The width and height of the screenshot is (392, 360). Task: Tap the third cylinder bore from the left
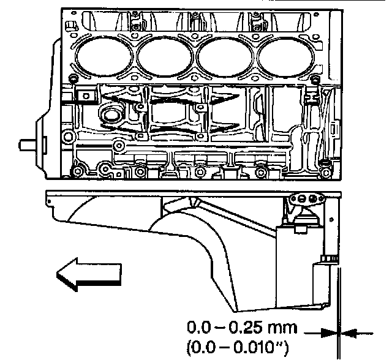pyautogui.click(x=225, y=57)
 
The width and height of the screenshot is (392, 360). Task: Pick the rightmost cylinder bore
pyautogui.click(x=285, y=57)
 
